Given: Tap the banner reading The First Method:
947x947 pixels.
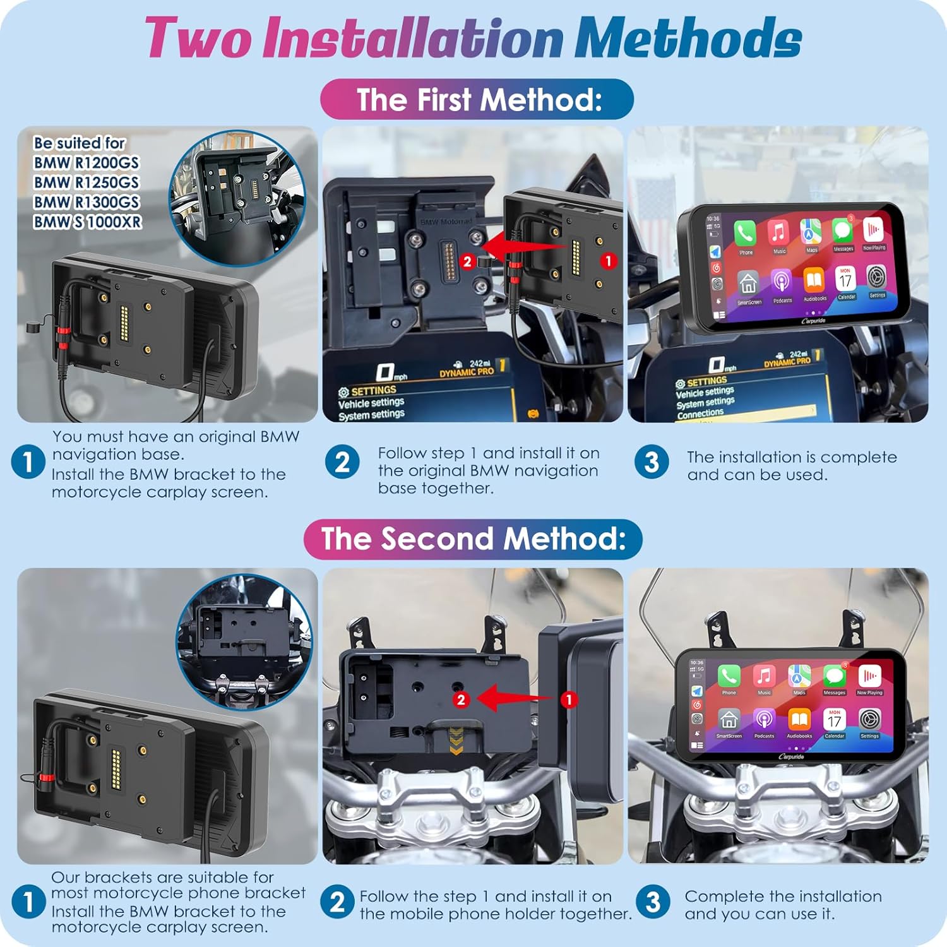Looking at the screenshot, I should point(477,99).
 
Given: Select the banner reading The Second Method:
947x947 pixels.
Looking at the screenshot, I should point(473,539).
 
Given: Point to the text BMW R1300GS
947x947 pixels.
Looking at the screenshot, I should point(86,202).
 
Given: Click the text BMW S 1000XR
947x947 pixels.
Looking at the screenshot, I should point(88,222).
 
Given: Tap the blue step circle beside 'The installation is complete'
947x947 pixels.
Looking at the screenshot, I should point(652,462).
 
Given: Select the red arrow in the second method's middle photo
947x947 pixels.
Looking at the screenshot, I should point(515,698).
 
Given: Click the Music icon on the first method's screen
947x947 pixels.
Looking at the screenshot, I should point(778,233).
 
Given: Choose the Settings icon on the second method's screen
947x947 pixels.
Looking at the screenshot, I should point(869,719).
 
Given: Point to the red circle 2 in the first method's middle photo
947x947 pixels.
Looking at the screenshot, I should point(467,261).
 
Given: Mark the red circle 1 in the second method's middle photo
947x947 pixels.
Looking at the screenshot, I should point(569,699).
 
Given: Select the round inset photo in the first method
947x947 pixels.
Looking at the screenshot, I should point(237,198).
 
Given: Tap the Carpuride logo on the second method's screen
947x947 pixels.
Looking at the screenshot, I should point(791,756).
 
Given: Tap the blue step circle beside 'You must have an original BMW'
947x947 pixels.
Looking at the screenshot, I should point(28,462).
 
